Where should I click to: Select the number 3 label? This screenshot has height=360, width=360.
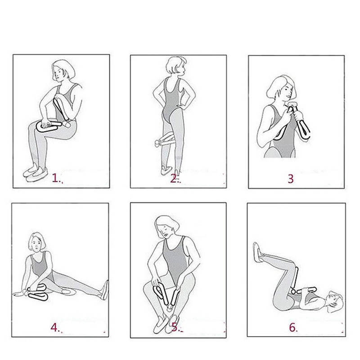[291, 179]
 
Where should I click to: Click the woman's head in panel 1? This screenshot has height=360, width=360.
[63, 71]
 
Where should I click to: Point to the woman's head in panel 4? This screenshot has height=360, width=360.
[36, 242]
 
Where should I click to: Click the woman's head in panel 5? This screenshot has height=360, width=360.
[166, 227]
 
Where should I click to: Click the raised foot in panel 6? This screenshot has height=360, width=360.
[258, 252]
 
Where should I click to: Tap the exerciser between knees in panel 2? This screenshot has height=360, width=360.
[165, 139]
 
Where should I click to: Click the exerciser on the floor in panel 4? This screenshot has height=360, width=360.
[38, 292]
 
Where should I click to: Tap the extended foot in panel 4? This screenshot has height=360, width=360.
[104, 290]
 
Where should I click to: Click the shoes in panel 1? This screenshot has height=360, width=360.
[36, 173]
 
